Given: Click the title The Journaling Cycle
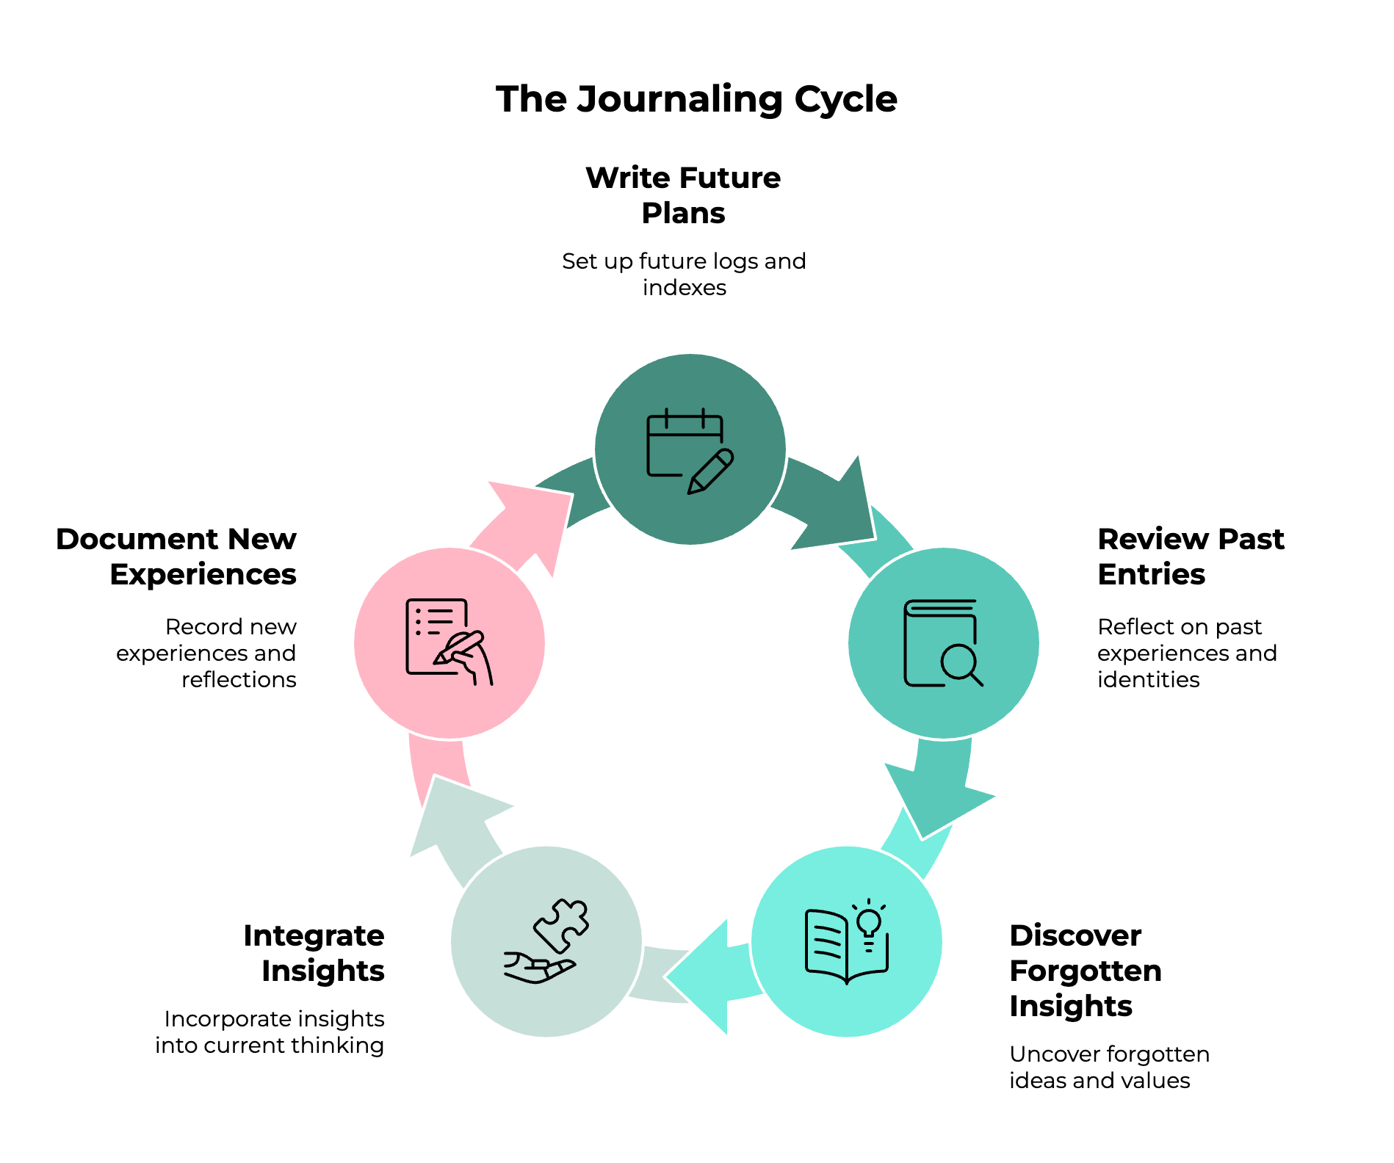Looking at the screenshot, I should coord(696,99).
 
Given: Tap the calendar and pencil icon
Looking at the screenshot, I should coord(689,450).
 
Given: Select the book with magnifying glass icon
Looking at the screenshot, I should coord(943,643).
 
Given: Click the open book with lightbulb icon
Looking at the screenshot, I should coord(847,941).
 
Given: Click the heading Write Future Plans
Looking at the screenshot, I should coord(683,195).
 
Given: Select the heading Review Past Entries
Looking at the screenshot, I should coord(1190,557).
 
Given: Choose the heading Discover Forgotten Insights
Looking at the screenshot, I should coord(1085,971).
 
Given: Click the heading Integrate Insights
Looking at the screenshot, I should coord(314,953).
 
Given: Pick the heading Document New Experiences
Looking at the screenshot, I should coord(176,557).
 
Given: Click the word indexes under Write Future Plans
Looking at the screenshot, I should coord(684,288).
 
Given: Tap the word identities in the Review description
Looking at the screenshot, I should coord(1148,680).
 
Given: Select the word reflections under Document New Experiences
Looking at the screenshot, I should coord(239,680).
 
